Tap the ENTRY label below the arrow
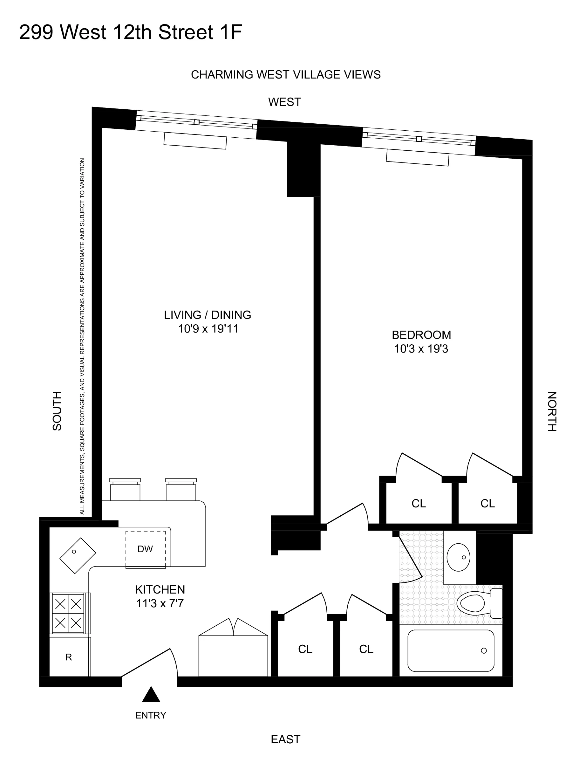pyautogui.click(x=151, y=715)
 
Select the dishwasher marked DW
pyautogui.click(x=145, y=549)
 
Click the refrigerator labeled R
pyautogui.click(x=69, y=657)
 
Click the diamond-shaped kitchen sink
pyautogui.click(x=78, y=555)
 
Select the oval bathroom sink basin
pyautogui.click(x=458, y=557)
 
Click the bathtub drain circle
pyautogui.click(x=484, y=650)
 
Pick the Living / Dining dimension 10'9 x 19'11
pyautogui.click(x=208, y=329)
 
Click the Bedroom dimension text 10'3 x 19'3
pyautogui.click(x=421, y=349)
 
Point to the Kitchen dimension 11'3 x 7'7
pyautogui.click(x=160, y=603)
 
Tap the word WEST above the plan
pyautogui.click(x=284, y=102)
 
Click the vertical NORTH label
pyautogui.click(x=552, y=411)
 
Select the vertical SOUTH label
pyautogui.click(x=57, y=411)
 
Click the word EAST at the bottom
pyautogui.click(x=285, y=739)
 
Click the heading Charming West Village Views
pyautogui.click(x=285, y=75)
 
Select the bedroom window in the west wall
pyautogui.click(x=419, y=139)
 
